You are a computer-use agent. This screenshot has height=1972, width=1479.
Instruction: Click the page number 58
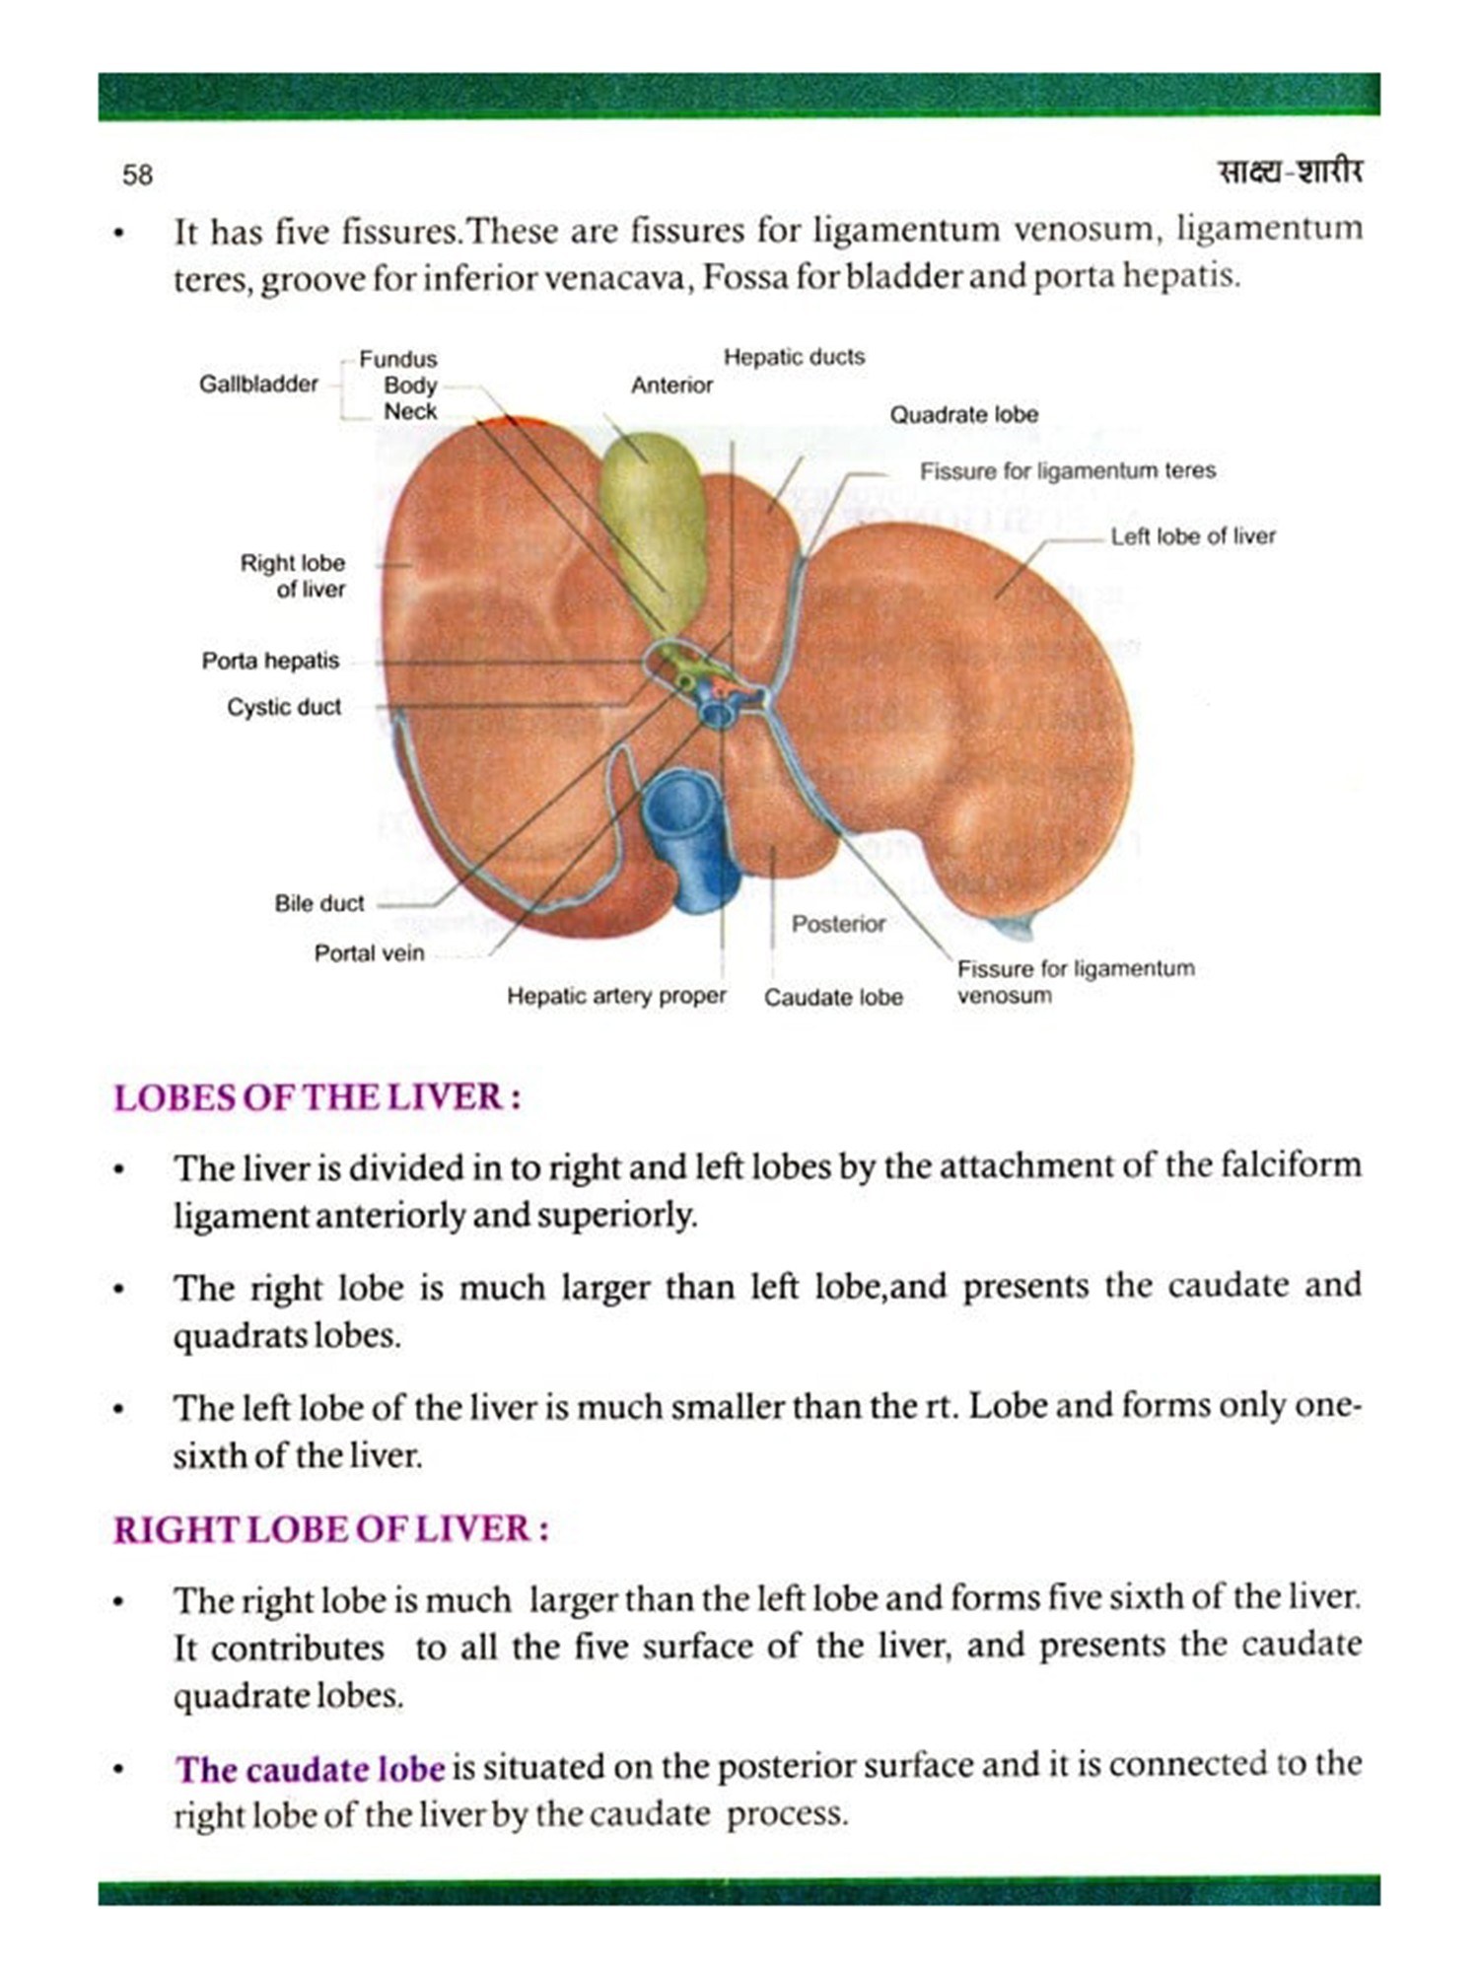pyautogui.click(x=137, y=175)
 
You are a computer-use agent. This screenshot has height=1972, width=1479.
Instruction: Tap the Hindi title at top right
pyautogui.click(x=1290, y=172)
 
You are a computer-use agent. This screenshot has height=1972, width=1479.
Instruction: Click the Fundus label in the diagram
pyautogui.click(x=397, y=359)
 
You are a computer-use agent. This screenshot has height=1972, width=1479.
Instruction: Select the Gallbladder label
pyautogui.click(x=258, y=384)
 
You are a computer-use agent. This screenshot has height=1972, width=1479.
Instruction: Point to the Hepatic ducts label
pyautogui.click(x=794, y=357)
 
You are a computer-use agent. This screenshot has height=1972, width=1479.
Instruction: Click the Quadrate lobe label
pyautogui.click(x=963, y=414)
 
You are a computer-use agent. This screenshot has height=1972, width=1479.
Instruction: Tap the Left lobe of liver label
pyautogui.click(x=1192, y=536)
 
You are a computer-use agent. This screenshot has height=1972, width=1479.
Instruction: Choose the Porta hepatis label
pyautogui.click(x=270, y=661)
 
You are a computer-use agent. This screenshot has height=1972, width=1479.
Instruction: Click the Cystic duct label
pyautogui.click(x=284, y=707)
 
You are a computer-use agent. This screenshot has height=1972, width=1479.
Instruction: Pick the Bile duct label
pyautogui.click(x=318, y=903)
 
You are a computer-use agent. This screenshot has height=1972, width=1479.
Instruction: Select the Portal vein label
pyautogui.click(x=369, y=953)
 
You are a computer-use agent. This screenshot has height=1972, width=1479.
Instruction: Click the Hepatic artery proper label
pyautogui.click(x=616, y=996)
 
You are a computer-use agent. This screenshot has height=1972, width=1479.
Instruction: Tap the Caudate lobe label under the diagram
pyautogui.click(x=833, y=997)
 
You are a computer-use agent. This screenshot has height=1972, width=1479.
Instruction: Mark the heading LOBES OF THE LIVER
pyautogui.click(x=317, y=1097)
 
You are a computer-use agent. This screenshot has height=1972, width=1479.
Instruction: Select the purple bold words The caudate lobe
pyautogui.click(x=310, y=1769)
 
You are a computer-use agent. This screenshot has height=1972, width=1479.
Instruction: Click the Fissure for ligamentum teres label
pyautogui.click(x=1067, y=471)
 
